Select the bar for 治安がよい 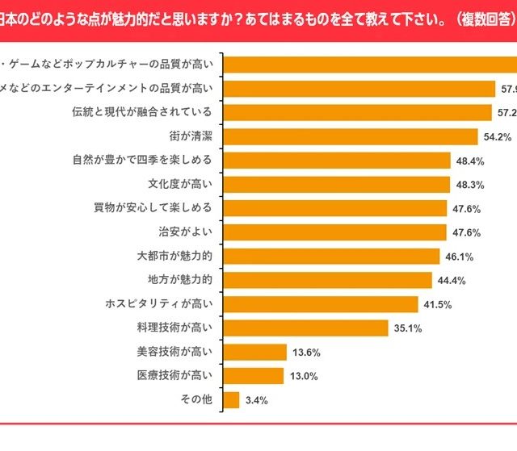tap(334, 232)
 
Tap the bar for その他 tap(231, 399)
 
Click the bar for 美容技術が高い tap(254, 352)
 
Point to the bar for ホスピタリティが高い tap(320, 304)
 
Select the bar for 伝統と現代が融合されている tap(356, 113)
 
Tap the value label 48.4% tap(469, 161)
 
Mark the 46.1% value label tap(460, 257)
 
